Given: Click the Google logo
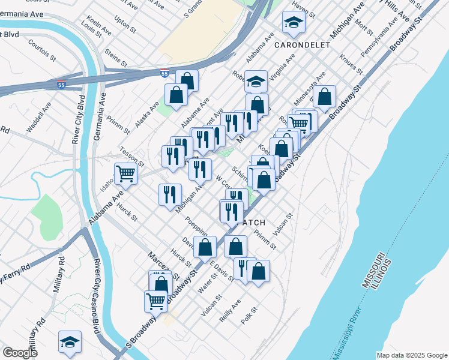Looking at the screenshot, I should tap(20, 353).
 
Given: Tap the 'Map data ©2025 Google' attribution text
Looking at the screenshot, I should tap(412, 355).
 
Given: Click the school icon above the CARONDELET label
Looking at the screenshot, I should tap(293, 23).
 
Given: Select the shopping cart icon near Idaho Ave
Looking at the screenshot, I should tap(126, 174).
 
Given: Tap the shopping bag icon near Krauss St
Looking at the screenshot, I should tap(324, 97).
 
